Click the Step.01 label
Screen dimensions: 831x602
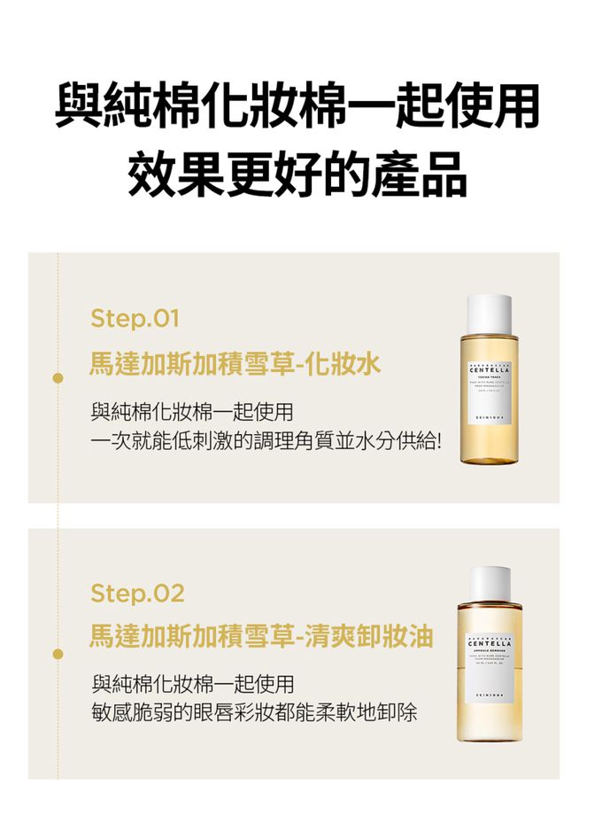tap(135, 317)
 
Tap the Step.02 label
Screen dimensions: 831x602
tap(137, 593)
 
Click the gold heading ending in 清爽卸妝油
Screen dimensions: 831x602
tap(261, 636)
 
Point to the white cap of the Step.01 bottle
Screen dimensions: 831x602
tap(489, 310)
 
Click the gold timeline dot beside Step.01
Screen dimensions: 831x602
tap(58, 377)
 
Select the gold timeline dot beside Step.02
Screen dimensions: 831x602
tap(58, 653)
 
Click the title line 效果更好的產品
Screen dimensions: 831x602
tap(297, 173)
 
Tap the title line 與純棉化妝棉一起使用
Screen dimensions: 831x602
tap(297, 106)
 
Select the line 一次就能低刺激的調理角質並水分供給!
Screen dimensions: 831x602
tap(266, 440)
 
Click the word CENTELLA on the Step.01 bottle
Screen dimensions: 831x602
tap(489, 370)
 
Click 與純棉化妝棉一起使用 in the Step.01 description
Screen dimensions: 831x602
tap(192, 412)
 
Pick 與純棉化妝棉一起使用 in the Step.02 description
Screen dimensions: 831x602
tap(192, 684)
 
